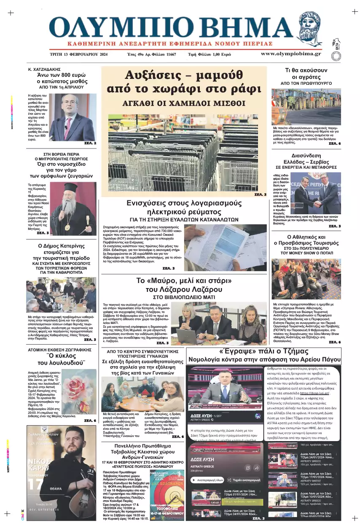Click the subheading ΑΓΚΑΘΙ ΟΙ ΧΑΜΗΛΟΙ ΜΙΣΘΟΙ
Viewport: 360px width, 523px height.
click(184, 102)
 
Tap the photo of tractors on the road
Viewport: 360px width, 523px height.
click(306, 106)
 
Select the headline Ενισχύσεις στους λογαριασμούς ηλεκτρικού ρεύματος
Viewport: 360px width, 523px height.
click(184, 207)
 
